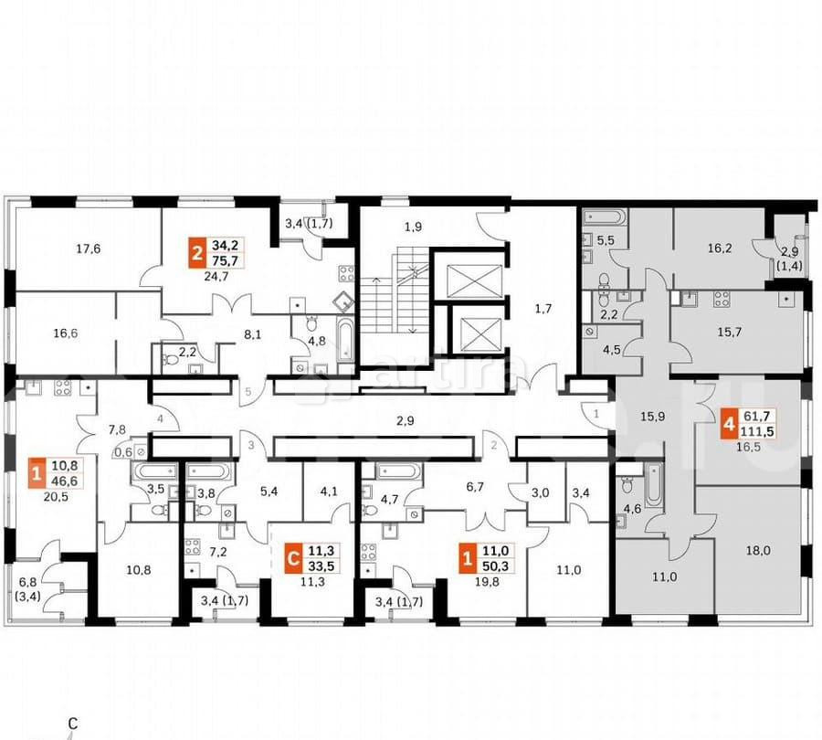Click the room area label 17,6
(88, 247)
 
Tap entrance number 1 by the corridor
(595, 414)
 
